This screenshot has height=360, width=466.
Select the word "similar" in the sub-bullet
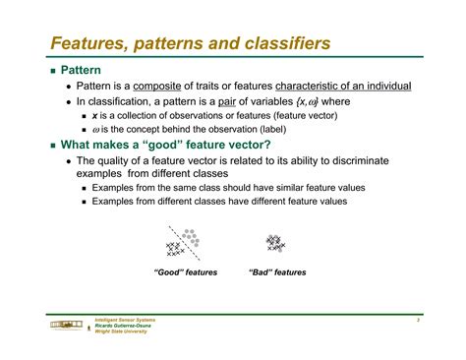275,187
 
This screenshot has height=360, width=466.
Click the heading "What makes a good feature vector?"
150,144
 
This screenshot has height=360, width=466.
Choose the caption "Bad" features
277,272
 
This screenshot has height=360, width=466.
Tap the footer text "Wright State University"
121,331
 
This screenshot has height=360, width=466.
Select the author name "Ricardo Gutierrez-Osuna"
124,326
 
